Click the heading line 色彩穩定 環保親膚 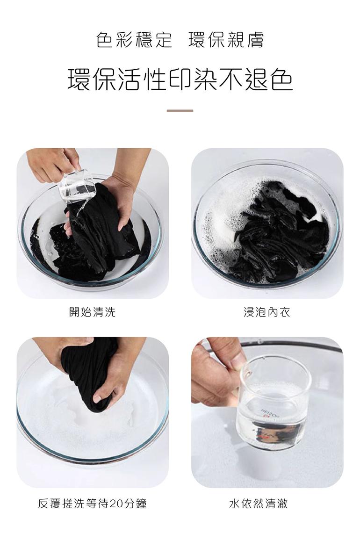point(180,40)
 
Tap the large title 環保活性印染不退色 point(180,80)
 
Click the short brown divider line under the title point(180,110)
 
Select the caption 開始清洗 point(92,312)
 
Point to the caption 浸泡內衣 point(267,312)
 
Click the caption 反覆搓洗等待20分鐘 point(92,504)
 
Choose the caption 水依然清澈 point(259,504)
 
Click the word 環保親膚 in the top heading point(226,40)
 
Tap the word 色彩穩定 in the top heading point(134,40)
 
